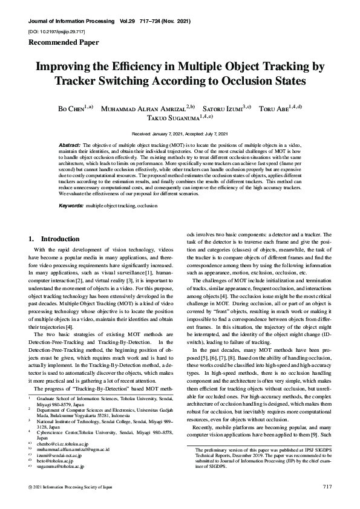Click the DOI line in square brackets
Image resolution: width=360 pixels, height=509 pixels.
56,30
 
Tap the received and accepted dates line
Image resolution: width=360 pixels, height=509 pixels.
180,133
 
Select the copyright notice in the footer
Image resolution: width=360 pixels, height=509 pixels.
71,487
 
